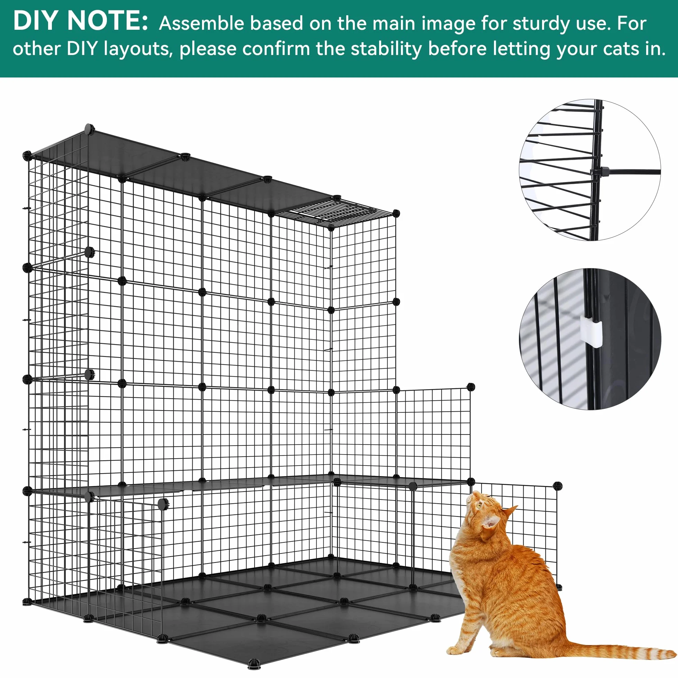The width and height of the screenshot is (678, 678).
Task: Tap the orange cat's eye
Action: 479,506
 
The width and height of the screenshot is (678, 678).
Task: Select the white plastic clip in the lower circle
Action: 591,332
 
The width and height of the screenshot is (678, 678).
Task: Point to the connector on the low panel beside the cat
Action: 557,486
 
